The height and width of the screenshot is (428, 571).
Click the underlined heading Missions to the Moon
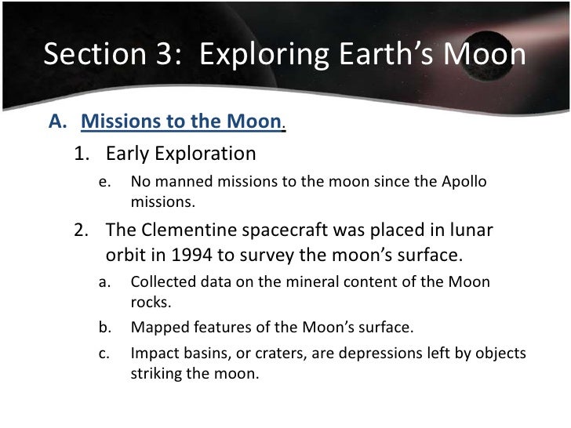tap(181, 122)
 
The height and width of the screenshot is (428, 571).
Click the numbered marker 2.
tap(81, 234)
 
